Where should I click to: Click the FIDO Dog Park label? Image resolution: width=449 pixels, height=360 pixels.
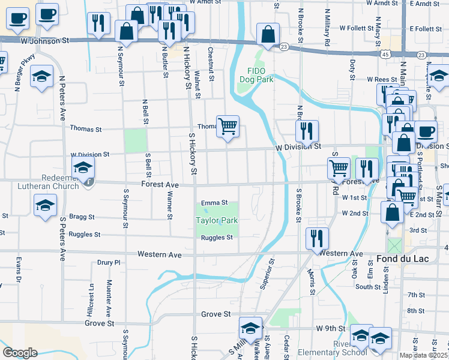point(256,74)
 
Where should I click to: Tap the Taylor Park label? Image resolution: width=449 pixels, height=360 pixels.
point(217,220)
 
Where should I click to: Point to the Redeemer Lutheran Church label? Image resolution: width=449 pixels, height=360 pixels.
point(43,182)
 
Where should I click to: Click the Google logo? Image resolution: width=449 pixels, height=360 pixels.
point(20,353)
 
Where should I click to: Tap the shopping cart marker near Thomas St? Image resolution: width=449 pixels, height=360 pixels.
point(228,127)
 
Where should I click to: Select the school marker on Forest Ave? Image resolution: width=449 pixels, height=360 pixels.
point(83,169)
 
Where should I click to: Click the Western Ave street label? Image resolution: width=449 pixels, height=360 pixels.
point(159,254)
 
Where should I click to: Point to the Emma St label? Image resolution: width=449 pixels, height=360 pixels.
point(214,203)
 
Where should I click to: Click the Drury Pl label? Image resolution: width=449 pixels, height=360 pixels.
point(109,262)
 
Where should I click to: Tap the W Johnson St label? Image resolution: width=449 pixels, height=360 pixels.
point(44,41)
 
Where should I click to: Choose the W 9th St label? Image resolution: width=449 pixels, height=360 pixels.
point(330,329)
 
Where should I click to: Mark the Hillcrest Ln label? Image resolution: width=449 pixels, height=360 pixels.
point(91,301)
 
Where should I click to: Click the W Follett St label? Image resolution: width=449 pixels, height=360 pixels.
point(357,28)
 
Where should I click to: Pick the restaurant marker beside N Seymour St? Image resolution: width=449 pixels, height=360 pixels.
point(98,23)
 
